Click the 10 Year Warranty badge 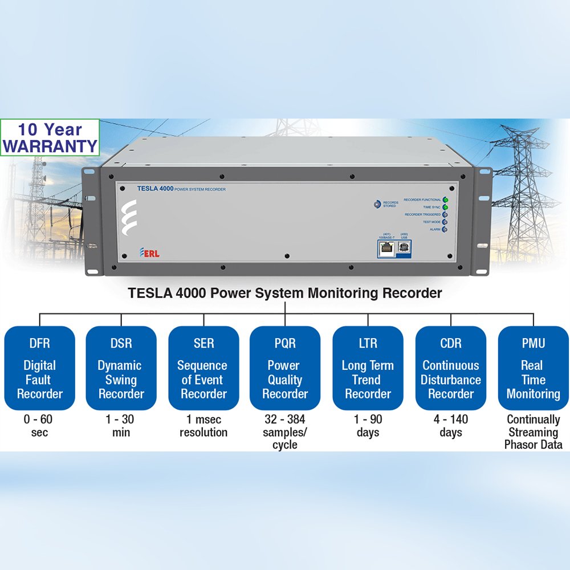[50, 137]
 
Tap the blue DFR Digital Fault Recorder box [39, 368]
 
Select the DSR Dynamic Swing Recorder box [121, 368]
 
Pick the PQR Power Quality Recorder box [285, 368]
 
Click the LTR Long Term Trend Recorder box [368, 368]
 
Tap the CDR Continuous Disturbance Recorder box [450, 368]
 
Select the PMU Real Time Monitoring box [533, 368]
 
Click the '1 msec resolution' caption [203, 426]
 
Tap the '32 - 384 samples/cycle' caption [285, 432]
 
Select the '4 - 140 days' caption [450, 426]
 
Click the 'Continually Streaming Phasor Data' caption [533, 432]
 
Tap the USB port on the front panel [404, 247]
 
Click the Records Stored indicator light [376, 204]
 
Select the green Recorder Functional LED [445, 200]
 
